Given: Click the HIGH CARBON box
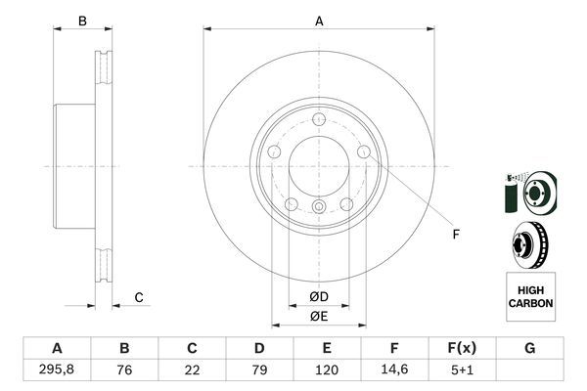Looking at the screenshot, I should point(530,297).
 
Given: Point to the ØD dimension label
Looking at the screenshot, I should point(319,296).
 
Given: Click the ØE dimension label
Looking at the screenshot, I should point(319,316).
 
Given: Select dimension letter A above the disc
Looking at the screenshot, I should point(319,21).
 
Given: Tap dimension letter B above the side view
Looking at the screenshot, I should point(83,21).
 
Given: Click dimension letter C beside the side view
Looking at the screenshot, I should point(139,297).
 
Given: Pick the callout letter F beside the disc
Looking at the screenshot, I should point(455,233).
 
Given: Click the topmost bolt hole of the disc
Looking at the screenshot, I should point(319,119).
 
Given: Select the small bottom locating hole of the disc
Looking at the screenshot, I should point(319,206).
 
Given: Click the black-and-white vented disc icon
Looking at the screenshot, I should point(529,243).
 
